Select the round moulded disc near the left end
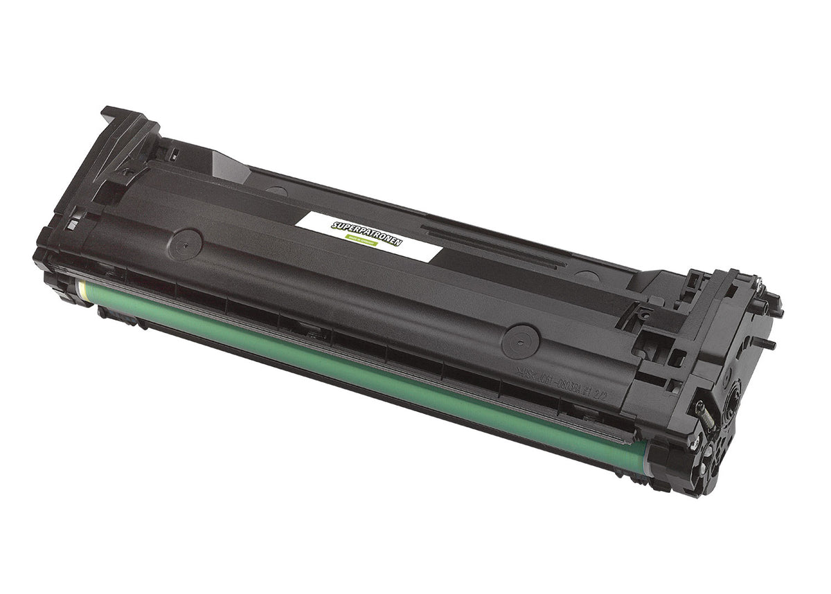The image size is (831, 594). point(186,244)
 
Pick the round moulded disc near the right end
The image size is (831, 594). point(520,340)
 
